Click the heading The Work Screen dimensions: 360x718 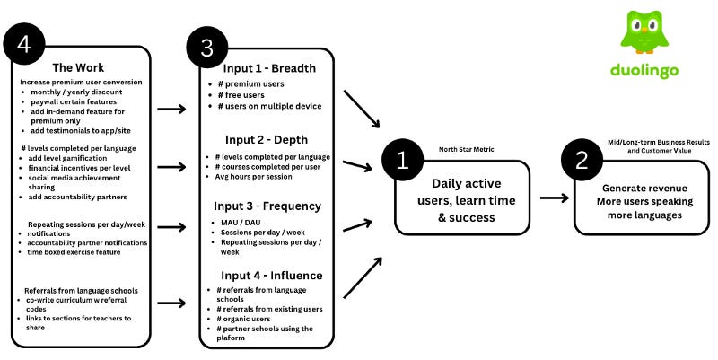coord(80,67)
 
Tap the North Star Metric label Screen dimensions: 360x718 coord(466,149)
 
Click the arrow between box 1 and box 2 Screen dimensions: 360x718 coord(554,198)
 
